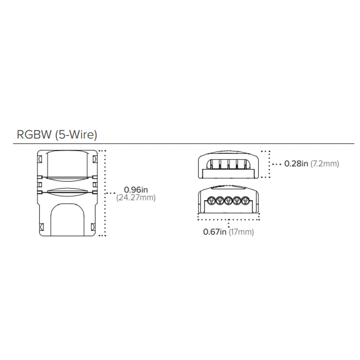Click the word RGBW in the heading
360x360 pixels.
coord(34,134)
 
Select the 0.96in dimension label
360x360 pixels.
coord(136,190)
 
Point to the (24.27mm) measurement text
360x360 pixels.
coord(136,197)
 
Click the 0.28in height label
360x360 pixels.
coord(296,164)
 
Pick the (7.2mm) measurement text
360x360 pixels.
coord(325,164)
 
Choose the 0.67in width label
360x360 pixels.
coord(215,232)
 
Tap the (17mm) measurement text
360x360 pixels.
coord(241,232)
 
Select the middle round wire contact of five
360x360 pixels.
coord(228,201)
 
